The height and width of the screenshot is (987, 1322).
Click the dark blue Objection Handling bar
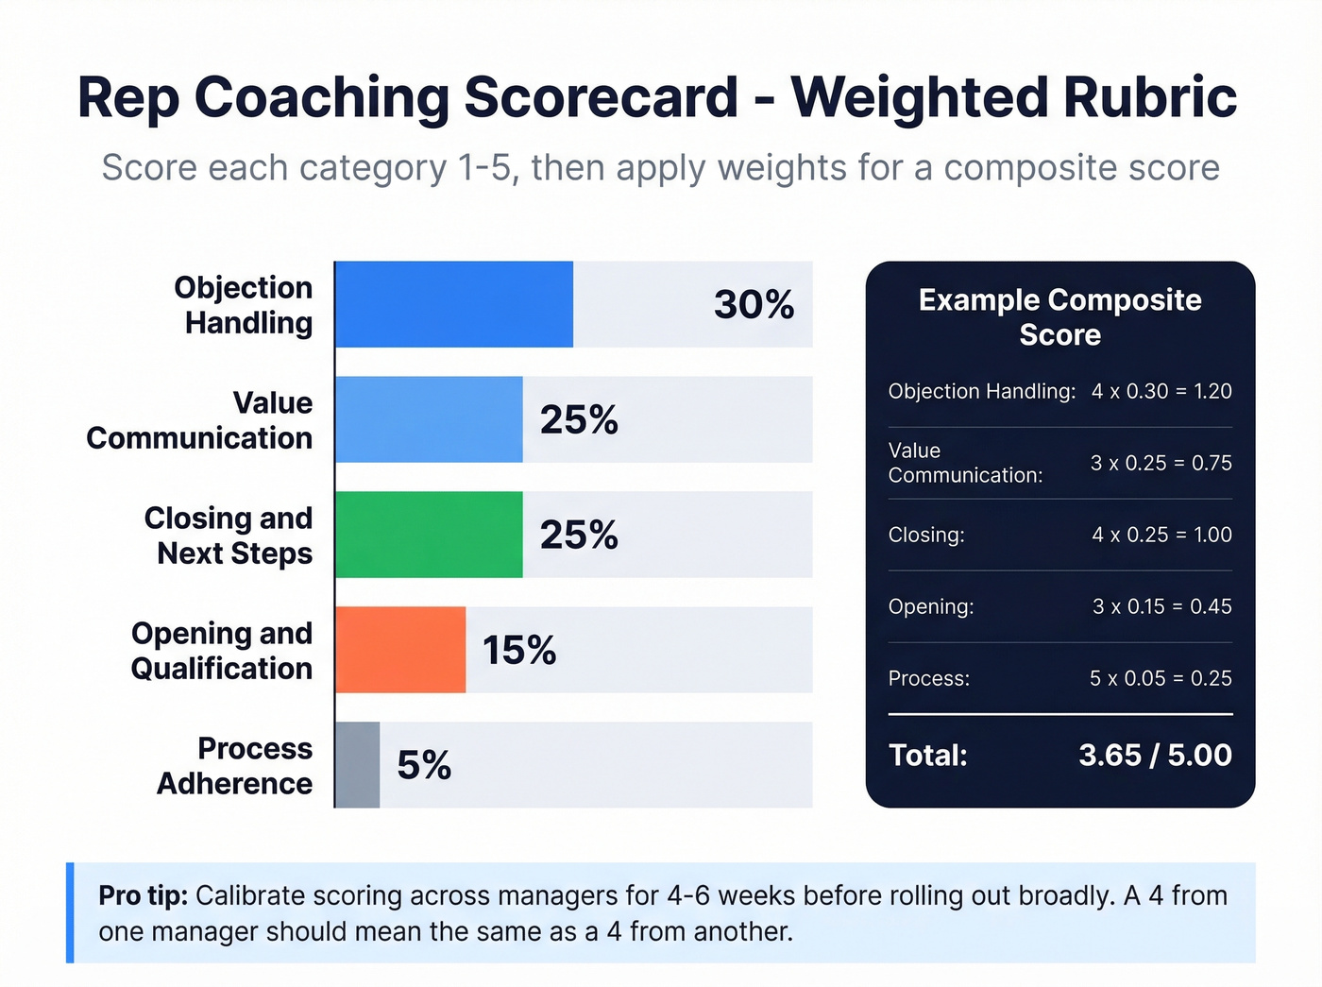point(454,304)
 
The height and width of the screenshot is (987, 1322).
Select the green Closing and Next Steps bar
point(429,535)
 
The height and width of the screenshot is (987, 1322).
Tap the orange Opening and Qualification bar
point(400,650)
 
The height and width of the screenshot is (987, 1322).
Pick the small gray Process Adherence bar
point(358,765)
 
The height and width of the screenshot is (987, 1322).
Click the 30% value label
point(754,304)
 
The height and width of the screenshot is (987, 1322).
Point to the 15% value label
point(519,650)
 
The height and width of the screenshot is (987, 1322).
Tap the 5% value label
point(424,765)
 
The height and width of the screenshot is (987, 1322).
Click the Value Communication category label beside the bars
point(199,420)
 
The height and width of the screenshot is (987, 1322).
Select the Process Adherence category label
point(235,766)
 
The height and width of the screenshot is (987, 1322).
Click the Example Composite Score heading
point(1059,317)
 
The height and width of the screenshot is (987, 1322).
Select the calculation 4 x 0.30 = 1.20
point(1161,391)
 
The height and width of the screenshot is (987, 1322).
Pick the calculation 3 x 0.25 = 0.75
point(1161,463)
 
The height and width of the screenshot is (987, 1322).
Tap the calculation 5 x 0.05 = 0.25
point(1161,678)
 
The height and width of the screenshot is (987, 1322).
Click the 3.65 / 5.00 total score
point(1155,755)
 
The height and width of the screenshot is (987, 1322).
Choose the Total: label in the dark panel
point(928,755)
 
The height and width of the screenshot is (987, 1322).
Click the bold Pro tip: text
point(143,895)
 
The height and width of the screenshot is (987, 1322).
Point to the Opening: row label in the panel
point(931,606)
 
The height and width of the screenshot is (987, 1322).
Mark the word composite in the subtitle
point(1016,168)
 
